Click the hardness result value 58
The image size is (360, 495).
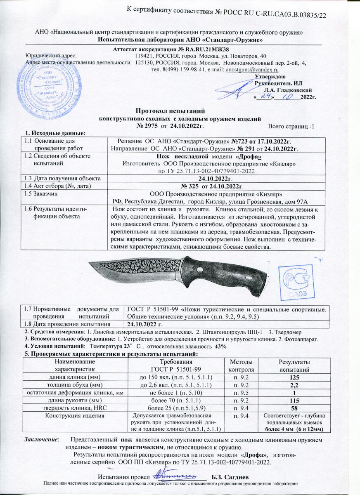pyautogui.click(x=293, y=408)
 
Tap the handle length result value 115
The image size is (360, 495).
pyautogui.click(x=293, y=400)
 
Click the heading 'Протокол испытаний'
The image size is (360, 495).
pyautogui.click(x=170, y=111)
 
